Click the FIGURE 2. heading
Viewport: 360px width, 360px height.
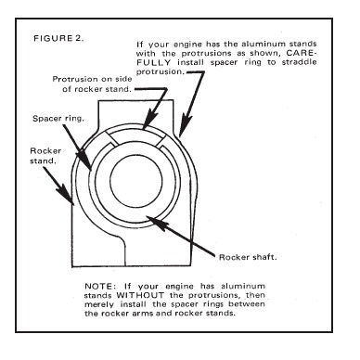click(x=58, y=38)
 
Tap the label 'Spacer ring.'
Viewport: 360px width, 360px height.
click(x=58, y=119)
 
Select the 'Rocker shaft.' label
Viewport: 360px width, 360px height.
click(x=248, y=257)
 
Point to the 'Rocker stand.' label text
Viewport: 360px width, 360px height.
click(x=45, y=156)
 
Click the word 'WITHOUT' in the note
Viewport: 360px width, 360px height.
click(x=140, y=295)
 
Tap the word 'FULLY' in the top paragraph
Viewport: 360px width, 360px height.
click(x=154, y=62)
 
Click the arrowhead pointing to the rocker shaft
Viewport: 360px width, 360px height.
click(x=157, y=222)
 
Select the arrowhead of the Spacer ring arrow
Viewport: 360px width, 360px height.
click(x=85, y=161)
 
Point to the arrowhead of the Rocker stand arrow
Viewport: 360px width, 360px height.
click(x=68, y=196)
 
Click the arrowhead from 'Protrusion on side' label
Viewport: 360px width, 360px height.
click(x=149, y=119)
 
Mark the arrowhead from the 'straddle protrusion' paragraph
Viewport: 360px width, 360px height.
click(x=186, y=126)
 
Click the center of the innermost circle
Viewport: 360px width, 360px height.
click(x=136, y=184)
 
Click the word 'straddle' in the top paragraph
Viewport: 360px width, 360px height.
click(x=299, y=62)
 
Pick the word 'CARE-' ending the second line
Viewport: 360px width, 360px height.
click(x=302, y=53)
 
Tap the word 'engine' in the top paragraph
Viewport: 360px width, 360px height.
click(x=187, y=45)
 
